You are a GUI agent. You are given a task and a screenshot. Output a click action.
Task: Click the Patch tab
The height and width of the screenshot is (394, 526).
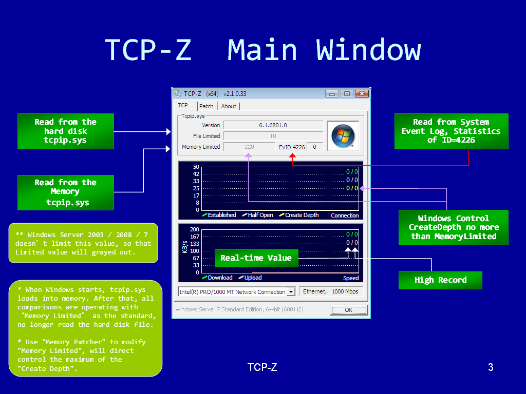[206, 106]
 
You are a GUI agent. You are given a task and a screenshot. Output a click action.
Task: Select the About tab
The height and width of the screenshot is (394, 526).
[229, 106]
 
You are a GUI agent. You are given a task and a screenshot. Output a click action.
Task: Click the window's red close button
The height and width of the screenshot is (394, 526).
[362, 93]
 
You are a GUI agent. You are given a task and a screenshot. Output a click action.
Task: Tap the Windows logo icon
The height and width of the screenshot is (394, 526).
[343, 135]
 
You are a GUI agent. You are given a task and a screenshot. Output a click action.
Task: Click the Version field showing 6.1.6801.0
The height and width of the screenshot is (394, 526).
[273, 125]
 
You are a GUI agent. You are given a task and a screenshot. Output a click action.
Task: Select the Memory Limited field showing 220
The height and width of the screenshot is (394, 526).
[249, 147]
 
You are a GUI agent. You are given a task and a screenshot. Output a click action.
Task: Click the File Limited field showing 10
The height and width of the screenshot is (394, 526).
[273, 136]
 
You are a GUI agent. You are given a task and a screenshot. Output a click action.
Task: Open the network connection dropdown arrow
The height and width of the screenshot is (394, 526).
[291, 292]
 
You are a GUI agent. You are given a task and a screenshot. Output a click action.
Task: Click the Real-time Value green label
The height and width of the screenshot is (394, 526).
[256, 258]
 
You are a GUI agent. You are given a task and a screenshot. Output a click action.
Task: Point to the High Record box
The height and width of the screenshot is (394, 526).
[440, 280]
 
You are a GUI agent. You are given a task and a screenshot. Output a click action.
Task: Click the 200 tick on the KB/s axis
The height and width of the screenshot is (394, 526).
[194, 229]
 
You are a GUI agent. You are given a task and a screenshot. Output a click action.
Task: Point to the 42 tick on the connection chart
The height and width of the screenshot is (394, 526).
[196, 174]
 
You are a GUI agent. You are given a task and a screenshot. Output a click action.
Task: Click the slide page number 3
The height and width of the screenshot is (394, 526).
[491, 367]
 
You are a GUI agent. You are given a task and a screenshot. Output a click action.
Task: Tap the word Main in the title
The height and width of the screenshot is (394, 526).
[262, 50]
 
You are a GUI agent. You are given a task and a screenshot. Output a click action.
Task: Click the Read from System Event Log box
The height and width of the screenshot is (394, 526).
[451, 131]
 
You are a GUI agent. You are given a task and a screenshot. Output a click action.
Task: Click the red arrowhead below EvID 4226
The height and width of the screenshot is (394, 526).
[292, 155]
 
